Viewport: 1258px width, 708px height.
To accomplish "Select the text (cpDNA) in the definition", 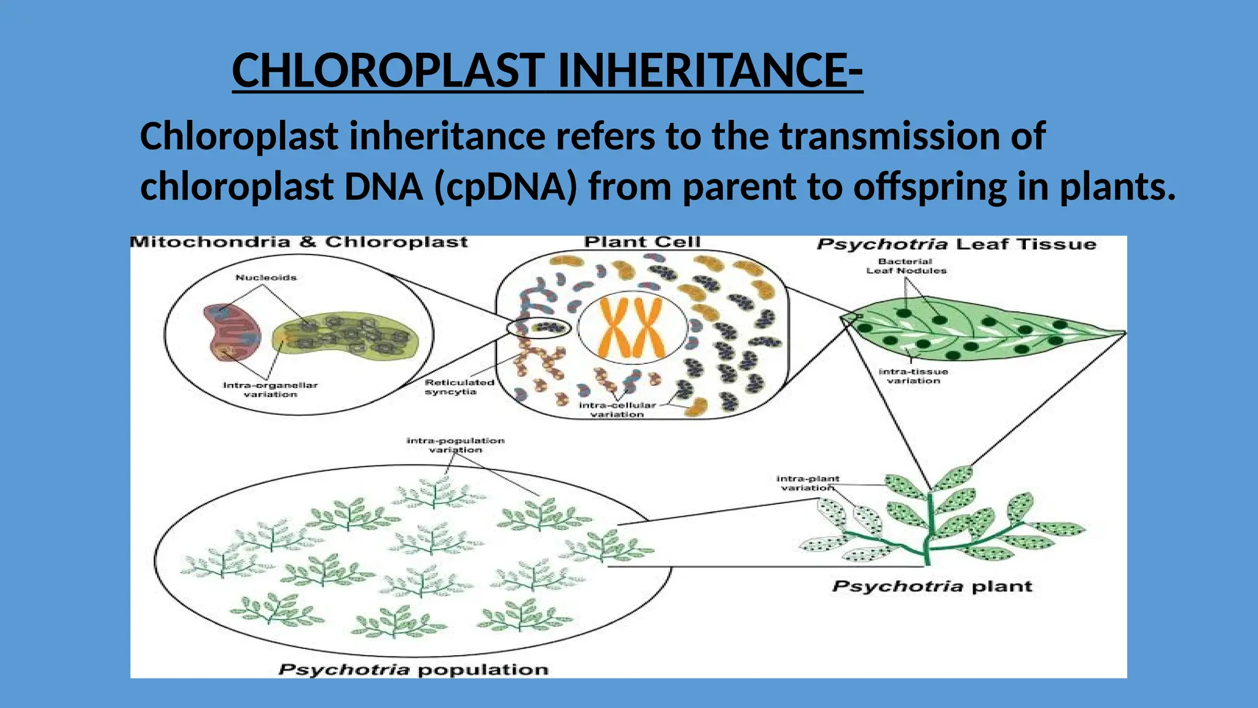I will [506, 186].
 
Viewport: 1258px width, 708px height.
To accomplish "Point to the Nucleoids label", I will [266, 278].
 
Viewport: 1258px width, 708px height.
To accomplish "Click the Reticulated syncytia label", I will [459, 387].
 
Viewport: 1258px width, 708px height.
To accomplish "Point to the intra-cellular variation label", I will [617, 409].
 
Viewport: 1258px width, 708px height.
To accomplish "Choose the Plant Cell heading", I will [642, 242].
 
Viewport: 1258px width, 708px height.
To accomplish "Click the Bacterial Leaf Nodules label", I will [906, 266].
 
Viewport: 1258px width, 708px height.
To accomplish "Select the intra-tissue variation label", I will [913, 376].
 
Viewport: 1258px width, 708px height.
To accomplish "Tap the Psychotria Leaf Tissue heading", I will [956, 244].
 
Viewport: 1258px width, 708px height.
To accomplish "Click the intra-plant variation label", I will [808, 483].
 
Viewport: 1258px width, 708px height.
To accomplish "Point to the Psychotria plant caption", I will [932, 586].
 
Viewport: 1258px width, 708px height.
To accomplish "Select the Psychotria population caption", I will [413, 669].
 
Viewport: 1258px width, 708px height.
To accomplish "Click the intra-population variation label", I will [455, 445].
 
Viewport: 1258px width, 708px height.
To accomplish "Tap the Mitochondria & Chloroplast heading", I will [299, 242].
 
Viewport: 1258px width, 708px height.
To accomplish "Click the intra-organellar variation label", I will [270, 390].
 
